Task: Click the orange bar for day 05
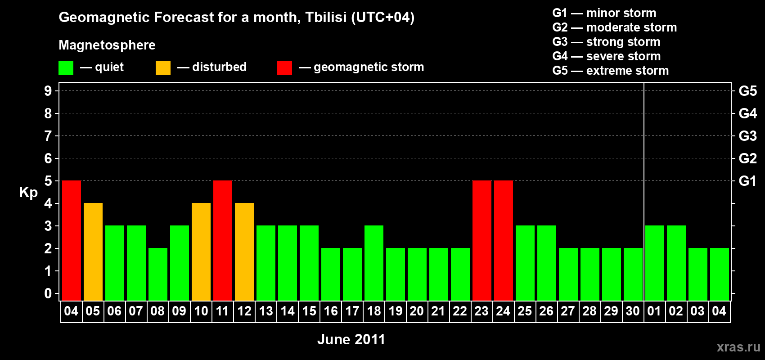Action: [93, 252]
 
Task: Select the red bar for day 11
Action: [223, 240]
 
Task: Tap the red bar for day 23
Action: [482, 240]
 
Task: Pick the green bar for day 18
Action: [374, 263]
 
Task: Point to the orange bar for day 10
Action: [201, 252]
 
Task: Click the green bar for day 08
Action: [158, 274]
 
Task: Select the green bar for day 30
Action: [633, 274]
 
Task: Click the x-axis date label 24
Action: [503, 311]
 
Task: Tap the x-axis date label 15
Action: [309, 311]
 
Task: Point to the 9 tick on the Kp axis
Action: [48, 91]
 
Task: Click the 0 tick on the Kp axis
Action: [48, 293]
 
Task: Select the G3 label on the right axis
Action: [747, 136]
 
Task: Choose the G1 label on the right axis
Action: [747, 181]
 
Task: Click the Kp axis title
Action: [28, 193]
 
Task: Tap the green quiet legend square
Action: [66, 67]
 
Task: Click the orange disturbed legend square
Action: [163, 67]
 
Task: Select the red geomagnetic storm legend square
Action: [284, 67]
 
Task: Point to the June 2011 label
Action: [351, 339]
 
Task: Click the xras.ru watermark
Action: [738, 347]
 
